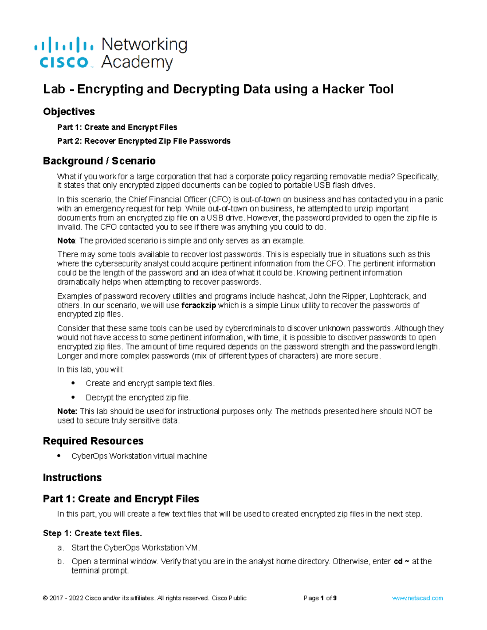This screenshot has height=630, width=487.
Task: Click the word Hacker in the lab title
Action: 300,89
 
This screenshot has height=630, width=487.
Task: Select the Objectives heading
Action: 69,112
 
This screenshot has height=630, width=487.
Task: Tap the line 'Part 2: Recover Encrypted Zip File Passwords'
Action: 144,141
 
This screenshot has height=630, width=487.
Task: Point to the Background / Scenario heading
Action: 99,161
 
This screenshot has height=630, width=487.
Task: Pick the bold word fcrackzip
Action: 198,305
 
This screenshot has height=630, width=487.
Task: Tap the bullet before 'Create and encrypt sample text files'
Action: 73,383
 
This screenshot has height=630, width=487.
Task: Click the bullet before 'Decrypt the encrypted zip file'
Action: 73,397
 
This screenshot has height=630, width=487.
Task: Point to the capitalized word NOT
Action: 413,411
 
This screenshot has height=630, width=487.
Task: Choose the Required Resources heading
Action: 93,441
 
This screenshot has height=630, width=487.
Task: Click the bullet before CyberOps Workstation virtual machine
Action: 59,456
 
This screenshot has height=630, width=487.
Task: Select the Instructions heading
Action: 72,477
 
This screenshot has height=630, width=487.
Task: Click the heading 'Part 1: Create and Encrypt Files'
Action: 121,499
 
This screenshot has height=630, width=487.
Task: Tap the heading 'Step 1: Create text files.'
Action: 93,533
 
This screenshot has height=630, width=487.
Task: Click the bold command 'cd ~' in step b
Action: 401,561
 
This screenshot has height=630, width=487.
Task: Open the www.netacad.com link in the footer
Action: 418,598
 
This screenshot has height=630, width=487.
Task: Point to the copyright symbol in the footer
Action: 45,598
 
